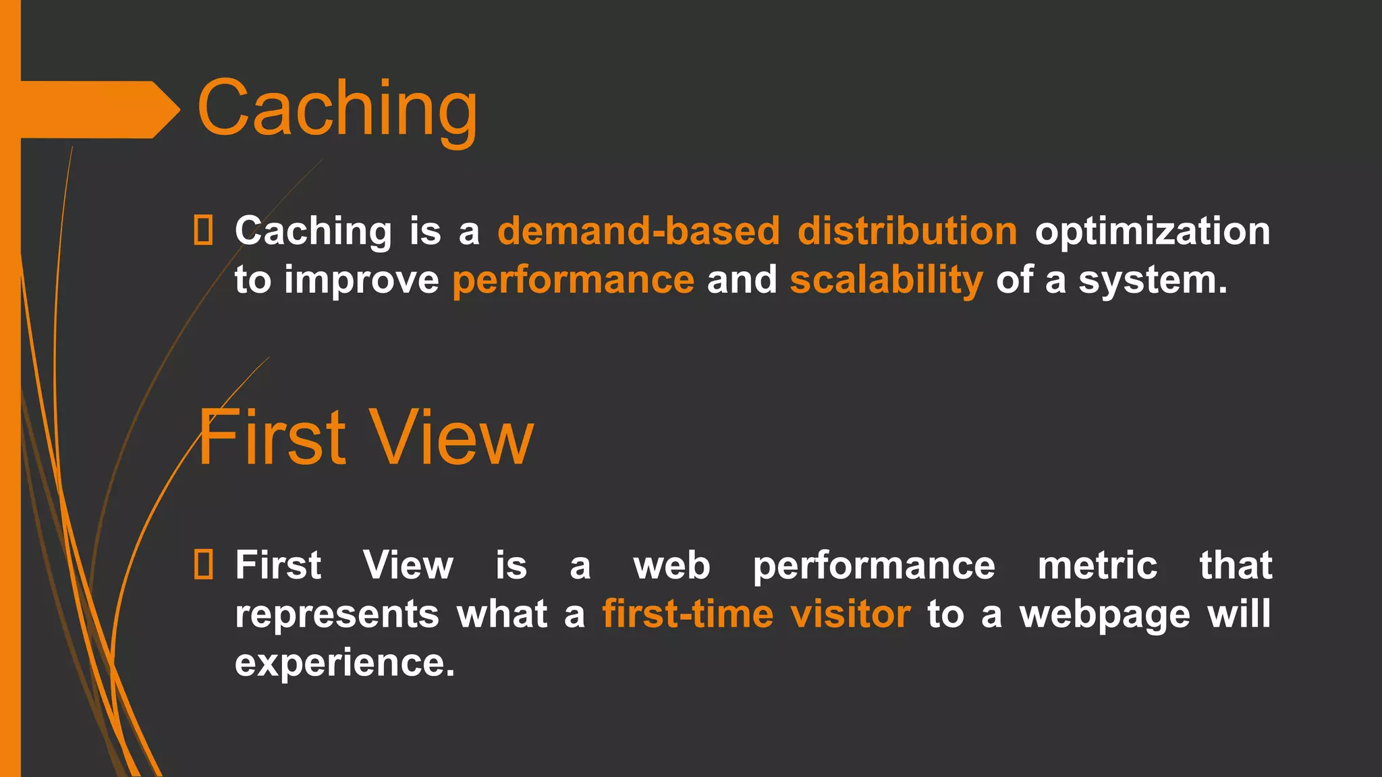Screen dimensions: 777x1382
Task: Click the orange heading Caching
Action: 337,108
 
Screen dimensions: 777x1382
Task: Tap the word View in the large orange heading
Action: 453,438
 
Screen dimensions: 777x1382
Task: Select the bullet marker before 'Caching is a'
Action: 203,230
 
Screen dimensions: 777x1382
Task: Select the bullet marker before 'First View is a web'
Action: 203,565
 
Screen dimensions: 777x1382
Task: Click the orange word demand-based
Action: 638,231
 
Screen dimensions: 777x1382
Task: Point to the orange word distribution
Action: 907,231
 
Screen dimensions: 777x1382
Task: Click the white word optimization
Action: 1153,232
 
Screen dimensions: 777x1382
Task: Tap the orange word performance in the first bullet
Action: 573,281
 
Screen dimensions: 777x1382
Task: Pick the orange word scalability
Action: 886,281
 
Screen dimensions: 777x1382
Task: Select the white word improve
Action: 362,281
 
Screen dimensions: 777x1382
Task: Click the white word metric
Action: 1097,565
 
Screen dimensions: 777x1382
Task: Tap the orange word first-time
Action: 687,614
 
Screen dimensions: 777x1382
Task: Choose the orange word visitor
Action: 850,614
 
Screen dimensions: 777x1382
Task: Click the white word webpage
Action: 1105,615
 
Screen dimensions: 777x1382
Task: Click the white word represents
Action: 337,615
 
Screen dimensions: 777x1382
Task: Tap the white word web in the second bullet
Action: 671,565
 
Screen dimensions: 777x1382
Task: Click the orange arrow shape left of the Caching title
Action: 94,109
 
